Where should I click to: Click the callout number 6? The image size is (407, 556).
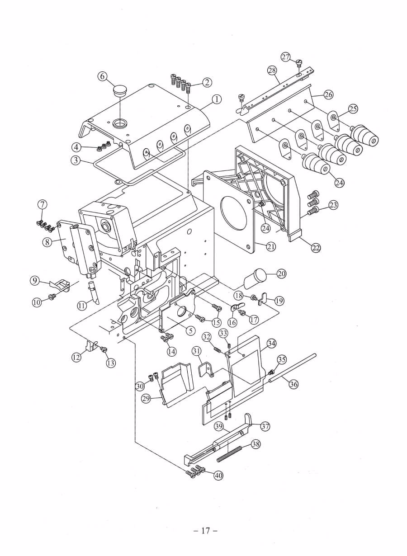click(x=102, y=76)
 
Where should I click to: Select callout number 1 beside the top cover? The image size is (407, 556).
click(x=217, y=99)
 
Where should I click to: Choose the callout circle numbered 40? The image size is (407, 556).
click(x=218, y=475)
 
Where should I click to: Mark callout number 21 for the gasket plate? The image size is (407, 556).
click(x=271, y=246)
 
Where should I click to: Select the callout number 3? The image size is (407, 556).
click(x=76, y=160)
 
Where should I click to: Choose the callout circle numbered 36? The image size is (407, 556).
click(x=293, y=384)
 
